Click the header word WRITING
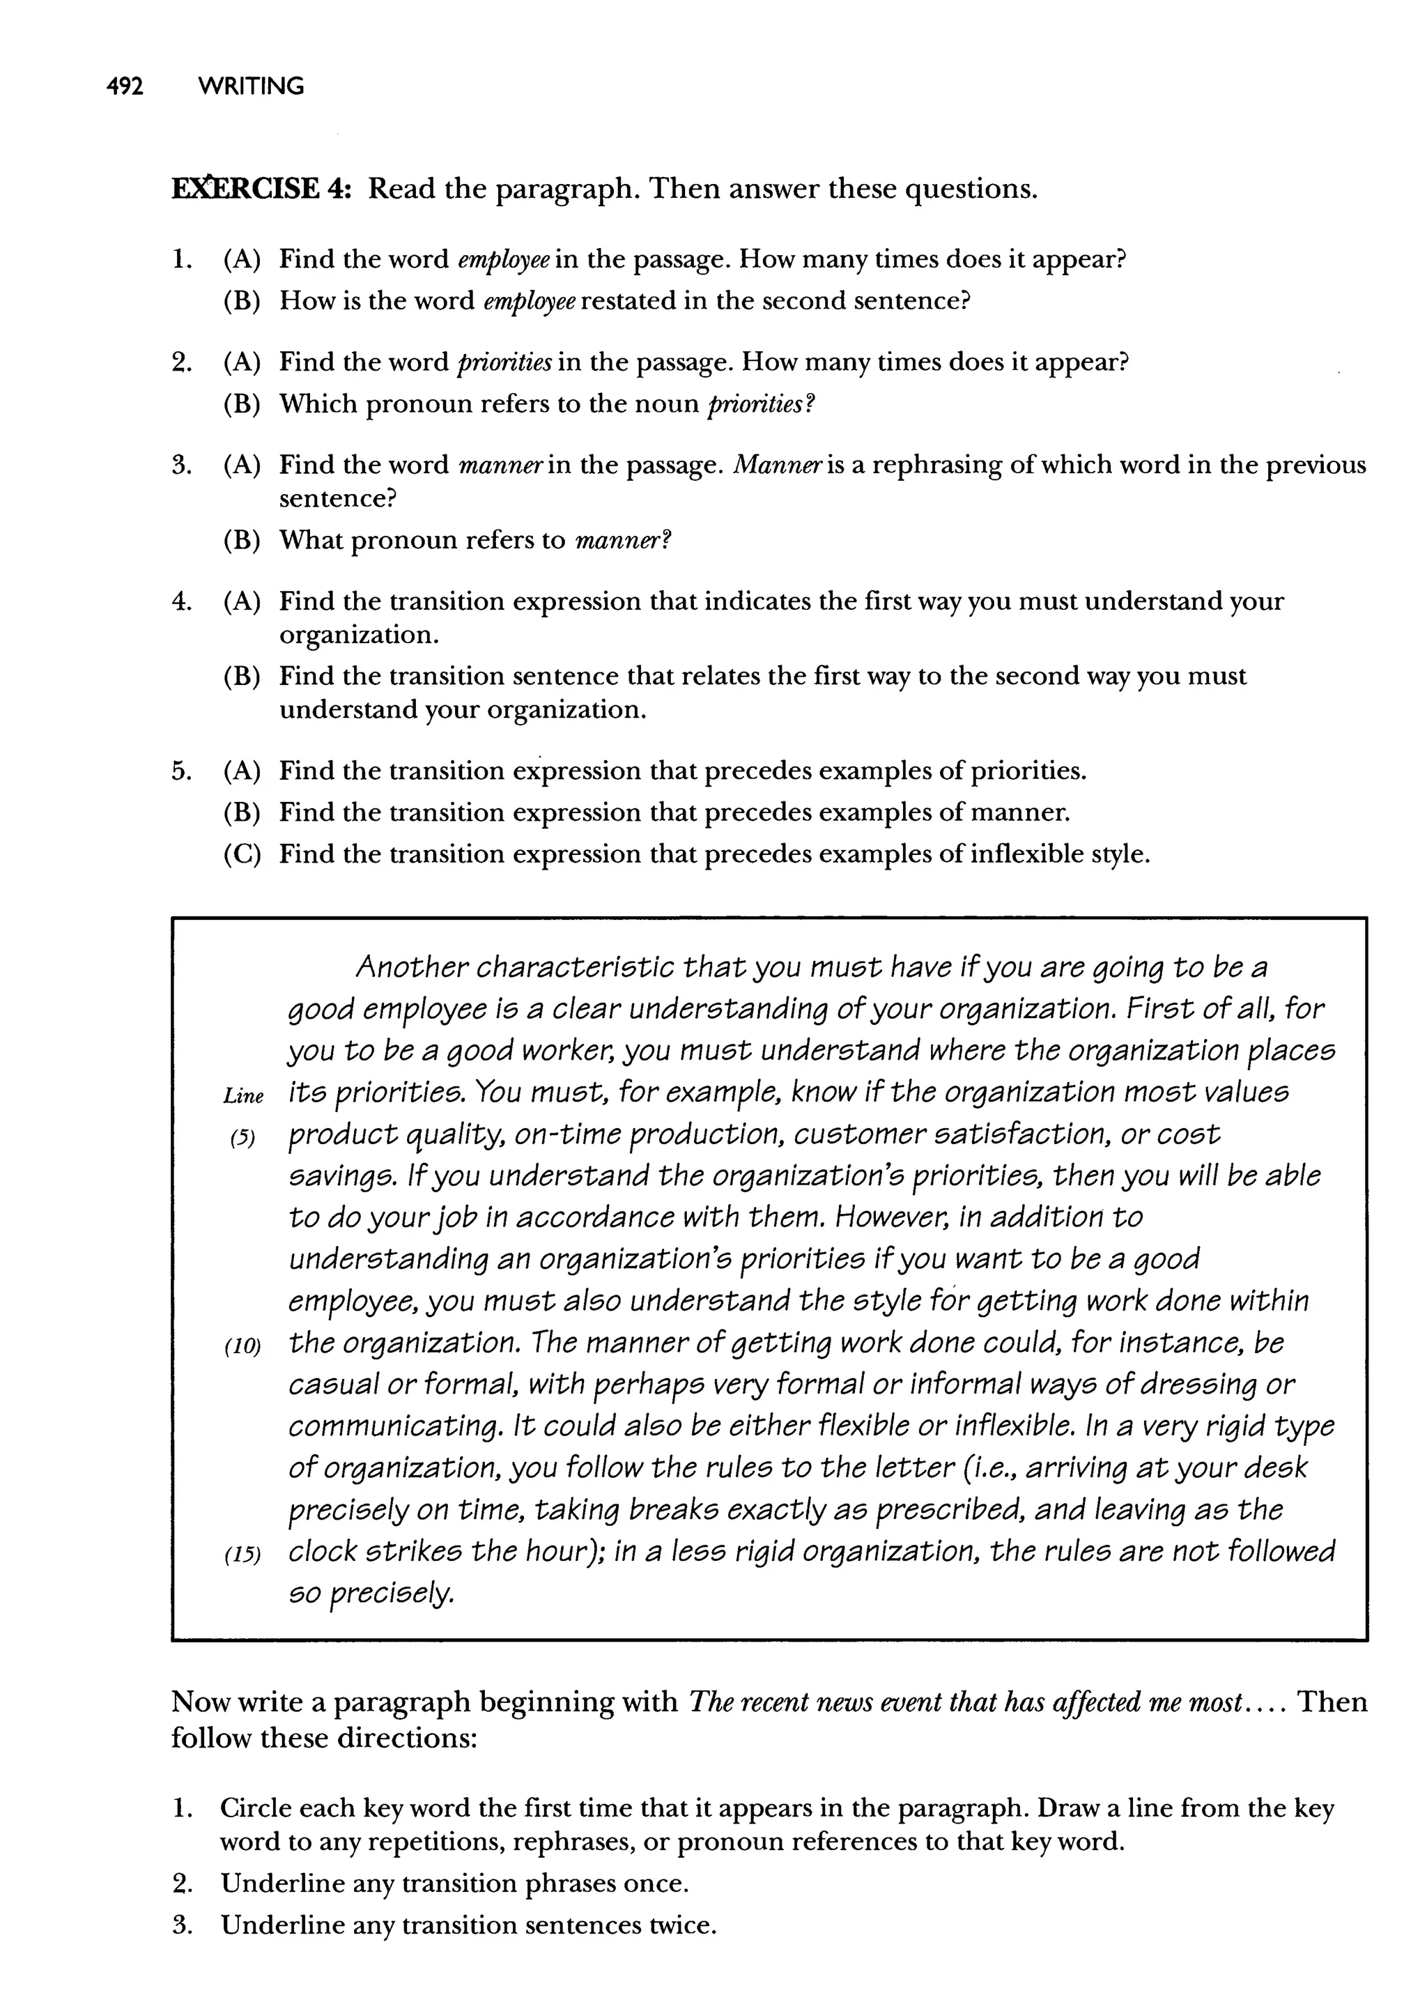click(x=252, y=87)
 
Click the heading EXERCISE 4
click(x=261, y=189)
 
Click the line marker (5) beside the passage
click(x=242, y=1139)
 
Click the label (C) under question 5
click(x=242, y=854)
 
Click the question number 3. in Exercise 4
click(x=182, y=465)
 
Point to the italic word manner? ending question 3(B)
click(x=623, y=540)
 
